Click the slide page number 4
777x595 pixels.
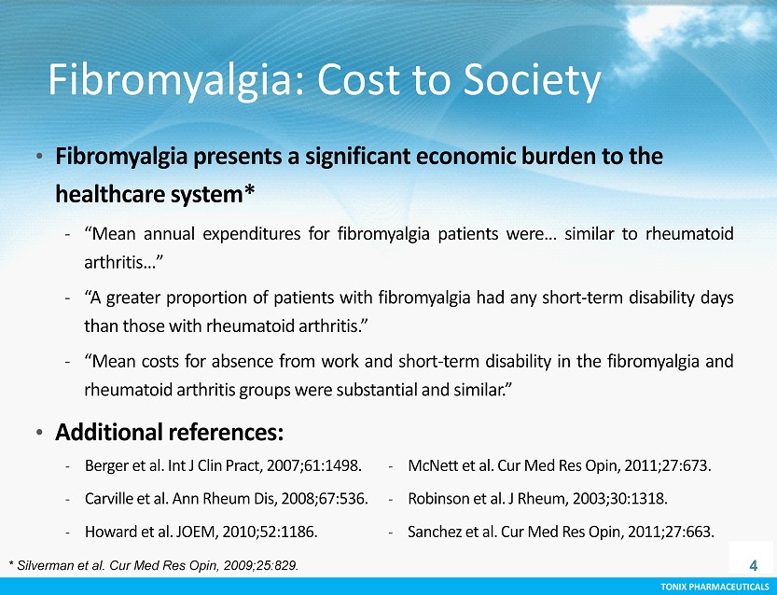pos(754,565)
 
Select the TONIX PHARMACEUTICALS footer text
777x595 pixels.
pos(715,588)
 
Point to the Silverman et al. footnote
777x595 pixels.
pos(154,565)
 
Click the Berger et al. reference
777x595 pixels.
pos(223,465)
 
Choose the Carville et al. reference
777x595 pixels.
pos(226,498)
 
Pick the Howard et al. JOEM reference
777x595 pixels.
pos(201,532)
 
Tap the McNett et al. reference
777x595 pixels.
pos(559,465)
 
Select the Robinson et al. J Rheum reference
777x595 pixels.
pos(537,498)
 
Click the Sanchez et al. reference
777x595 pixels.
pos(561,532)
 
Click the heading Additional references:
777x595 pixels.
pos(170,432)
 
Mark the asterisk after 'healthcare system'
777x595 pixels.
pos(249,190)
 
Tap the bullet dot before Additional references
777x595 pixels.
pos(39,433)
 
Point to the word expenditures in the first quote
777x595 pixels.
pos(252,234)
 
